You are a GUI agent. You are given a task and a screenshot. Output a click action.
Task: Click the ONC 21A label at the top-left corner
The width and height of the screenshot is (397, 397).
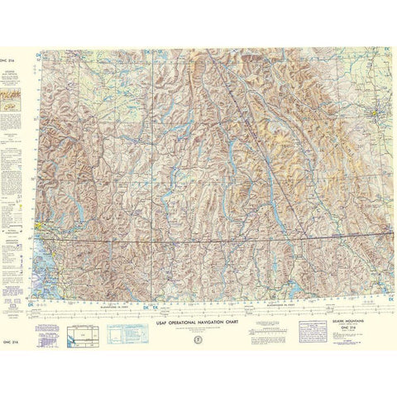9,50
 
